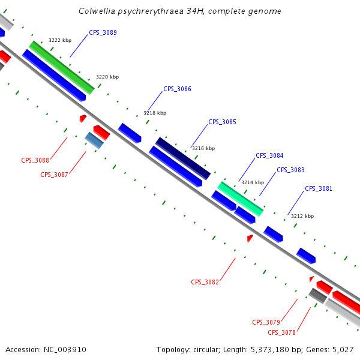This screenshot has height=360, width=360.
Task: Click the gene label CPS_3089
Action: point(103,32)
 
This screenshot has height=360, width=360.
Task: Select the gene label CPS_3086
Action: point(177,89)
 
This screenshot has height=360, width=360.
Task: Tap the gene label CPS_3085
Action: point(222,122)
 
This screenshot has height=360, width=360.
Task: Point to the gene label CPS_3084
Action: point(269,155)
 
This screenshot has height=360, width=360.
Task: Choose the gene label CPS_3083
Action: point(290,170)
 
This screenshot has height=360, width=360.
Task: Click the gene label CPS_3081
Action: point(319,188)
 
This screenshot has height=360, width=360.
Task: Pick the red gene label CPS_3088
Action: point(35,160)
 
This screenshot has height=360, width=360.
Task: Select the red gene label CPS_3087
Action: point(54,175)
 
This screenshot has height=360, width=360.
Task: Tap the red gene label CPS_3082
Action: point(205,282)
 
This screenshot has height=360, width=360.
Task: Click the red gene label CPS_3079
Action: point(266,322)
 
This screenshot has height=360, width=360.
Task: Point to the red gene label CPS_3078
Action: point(281,332)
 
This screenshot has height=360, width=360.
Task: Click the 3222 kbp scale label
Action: point(60,40)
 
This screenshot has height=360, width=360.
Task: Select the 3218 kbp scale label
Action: point(155,113)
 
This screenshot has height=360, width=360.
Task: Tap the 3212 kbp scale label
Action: point(302,216)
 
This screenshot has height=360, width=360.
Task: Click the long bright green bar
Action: point(62,67)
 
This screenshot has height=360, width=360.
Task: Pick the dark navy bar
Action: point(183,158)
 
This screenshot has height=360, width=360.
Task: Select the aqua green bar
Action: point(240,199)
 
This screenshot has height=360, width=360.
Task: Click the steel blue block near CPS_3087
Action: point(94,140)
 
